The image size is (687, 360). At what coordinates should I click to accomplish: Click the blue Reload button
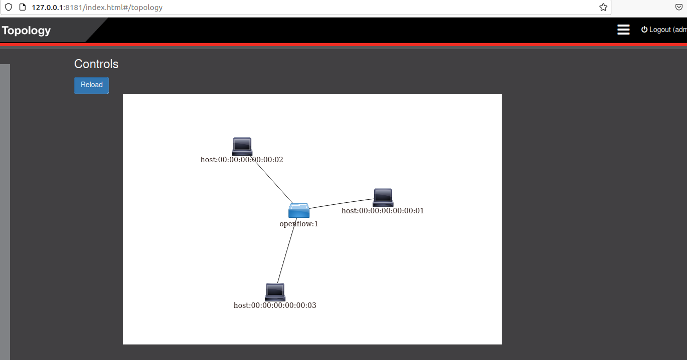[92, 85]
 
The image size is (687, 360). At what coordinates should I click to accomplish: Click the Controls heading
[96, 64]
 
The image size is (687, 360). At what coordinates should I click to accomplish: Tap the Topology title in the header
[27, 31]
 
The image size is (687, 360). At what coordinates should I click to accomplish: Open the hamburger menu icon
[623, 30]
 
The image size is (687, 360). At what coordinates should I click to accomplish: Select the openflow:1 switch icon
[299, 210]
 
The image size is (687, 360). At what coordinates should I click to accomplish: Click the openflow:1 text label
[299, 224]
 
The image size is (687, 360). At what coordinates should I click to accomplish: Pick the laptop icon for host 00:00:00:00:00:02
[242, 146]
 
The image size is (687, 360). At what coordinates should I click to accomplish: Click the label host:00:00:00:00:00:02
[242, 160]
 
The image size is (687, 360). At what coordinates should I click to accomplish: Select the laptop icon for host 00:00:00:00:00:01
[383, 197]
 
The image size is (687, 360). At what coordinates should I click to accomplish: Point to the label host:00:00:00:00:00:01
[383, 211]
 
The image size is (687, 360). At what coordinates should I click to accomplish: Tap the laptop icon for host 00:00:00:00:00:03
[275, 292]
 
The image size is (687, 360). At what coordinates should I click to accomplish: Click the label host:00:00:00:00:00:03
[275, 305]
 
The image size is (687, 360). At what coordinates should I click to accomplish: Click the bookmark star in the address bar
[603, 8]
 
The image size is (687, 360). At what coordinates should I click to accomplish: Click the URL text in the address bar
[97, 8]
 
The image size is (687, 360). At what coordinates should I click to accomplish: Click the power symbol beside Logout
[644, 30]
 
